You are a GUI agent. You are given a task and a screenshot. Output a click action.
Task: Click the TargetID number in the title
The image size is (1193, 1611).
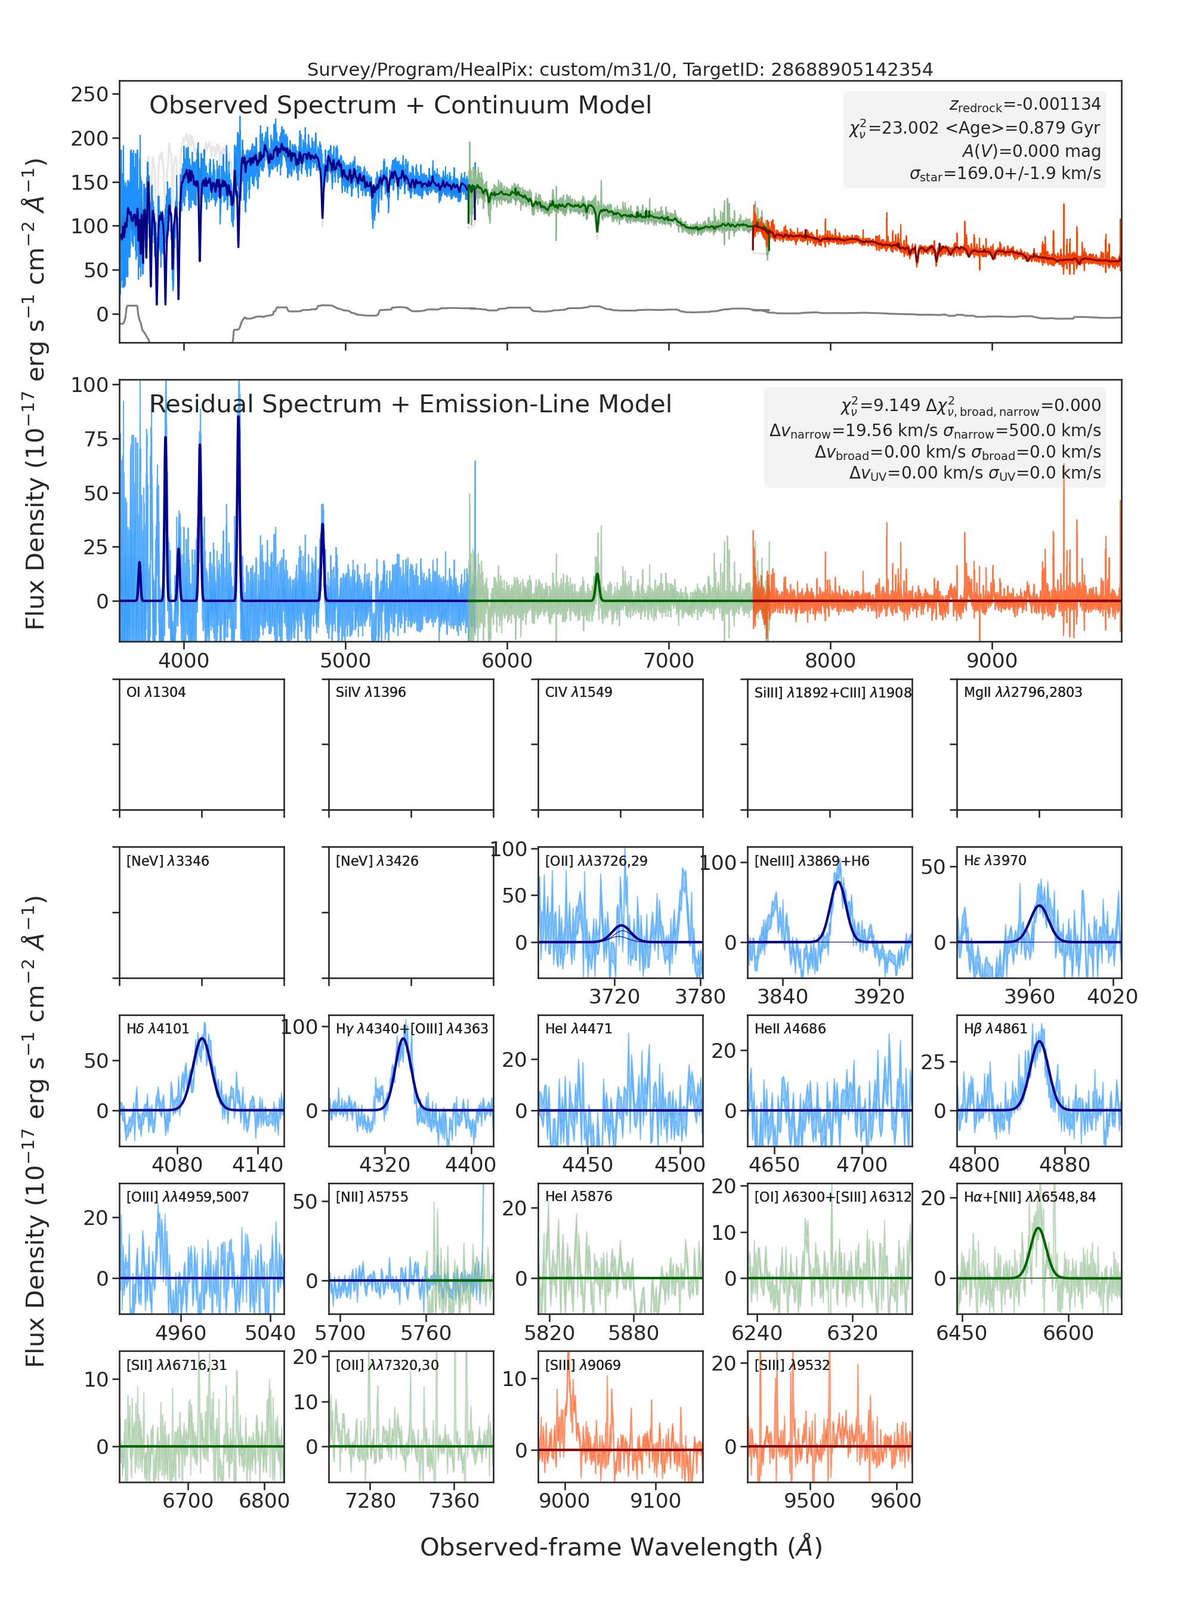[851, 69]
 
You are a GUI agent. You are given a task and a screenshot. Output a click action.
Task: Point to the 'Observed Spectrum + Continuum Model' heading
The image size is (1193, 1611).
[400, 106]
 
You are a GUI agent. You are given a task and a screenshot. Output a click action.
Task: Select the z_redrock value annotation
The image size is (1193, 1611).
[1025, 105]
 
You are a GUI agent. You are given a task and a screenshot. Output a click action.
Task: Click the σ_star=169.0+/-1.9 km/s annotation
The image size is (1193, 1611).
[1005, 174]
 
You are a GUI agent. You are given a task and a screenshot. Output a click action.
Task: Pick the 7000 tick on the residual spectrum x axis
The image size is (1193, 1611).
[669, 661]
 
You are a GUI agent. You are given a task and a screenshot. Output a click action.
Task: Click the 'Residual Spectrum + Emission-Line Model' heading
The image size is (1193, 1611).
[410, 404]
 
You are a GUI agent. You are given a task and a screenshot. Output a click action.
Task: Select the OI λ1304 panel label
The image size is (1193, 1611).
[156, 692]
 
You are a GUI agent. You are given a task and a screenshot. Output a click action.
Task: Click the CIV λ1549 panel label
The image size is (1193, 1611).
[579, 692]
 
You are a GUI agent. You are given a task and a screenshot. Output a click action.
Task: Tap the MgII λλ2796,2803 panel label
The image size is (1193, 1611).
[1022, 692]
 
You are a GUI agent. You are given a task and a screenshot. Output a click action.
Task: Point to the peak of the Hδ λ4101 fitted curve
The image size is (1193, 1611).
[202, 1039]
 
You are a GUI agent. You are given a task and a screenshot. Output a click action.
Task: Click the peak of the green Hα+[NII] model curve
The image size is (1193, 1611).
[1039, 1228]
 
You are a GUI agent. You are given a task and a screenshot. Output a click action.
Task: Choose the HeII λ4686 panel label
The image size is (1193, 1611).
[790, 1029]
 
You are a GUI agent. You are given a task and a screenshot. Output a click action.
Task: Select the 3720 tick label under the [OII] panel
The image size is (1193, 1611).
[614, 997]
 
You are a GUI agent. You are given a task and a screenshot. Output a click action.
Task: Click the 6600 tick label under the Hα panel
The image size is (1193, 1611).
[1069, 1334]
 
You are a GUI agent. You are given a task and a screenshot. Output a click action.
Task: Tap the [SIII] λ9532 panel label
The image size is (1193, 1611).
[792, 1365]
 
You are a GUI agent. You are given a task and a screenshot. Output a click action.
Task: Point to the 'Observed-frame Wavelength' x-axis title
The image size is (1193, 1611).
[621, 1547]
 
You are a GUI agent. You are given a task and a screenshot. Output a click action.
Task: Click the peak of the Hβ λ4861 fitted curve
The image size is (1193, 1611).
[1039, 1042]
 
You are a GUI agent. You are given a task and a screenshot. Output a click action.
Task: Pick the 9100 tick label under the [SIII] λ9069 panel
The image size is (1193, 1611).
[656, 1501]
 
